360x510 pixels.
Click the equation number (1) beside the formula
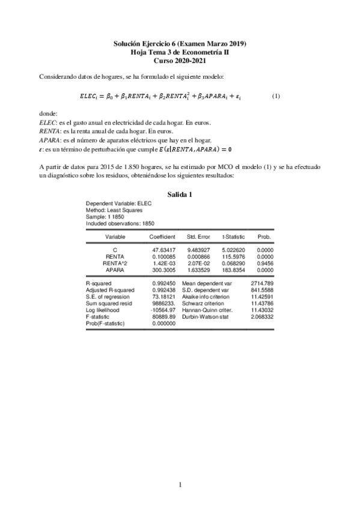pyautogui.click(x=276, y=96)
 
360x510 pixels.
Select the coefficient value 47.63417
pyautogui.click(x=162, y=249)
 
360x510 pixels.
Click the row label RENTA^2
pyautogui.click(x=115, y=263)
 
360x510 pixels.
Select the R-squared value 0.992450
pyautogui.click(x=162, y=283)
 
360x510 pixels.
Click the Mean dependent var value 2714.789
pyautogui.click(x=262, y=283)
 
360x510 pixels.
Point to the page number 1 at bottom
pyautogui.click(x=180, y=485)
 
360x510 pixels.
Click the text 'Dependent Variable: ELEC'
pyautogui.click(x=119, y=204)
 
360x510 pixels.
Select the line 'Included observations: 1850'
pyautogui.click(x=121, y=224)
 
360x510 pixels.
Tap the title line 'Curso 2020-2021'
pyautogui.click(x=180, y=61)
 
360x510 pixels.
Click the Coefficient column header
pyautogui.click(x=162, y=237)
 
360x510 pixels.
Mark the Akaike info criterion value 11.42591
pyautogui.click(x=262, y=297)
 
